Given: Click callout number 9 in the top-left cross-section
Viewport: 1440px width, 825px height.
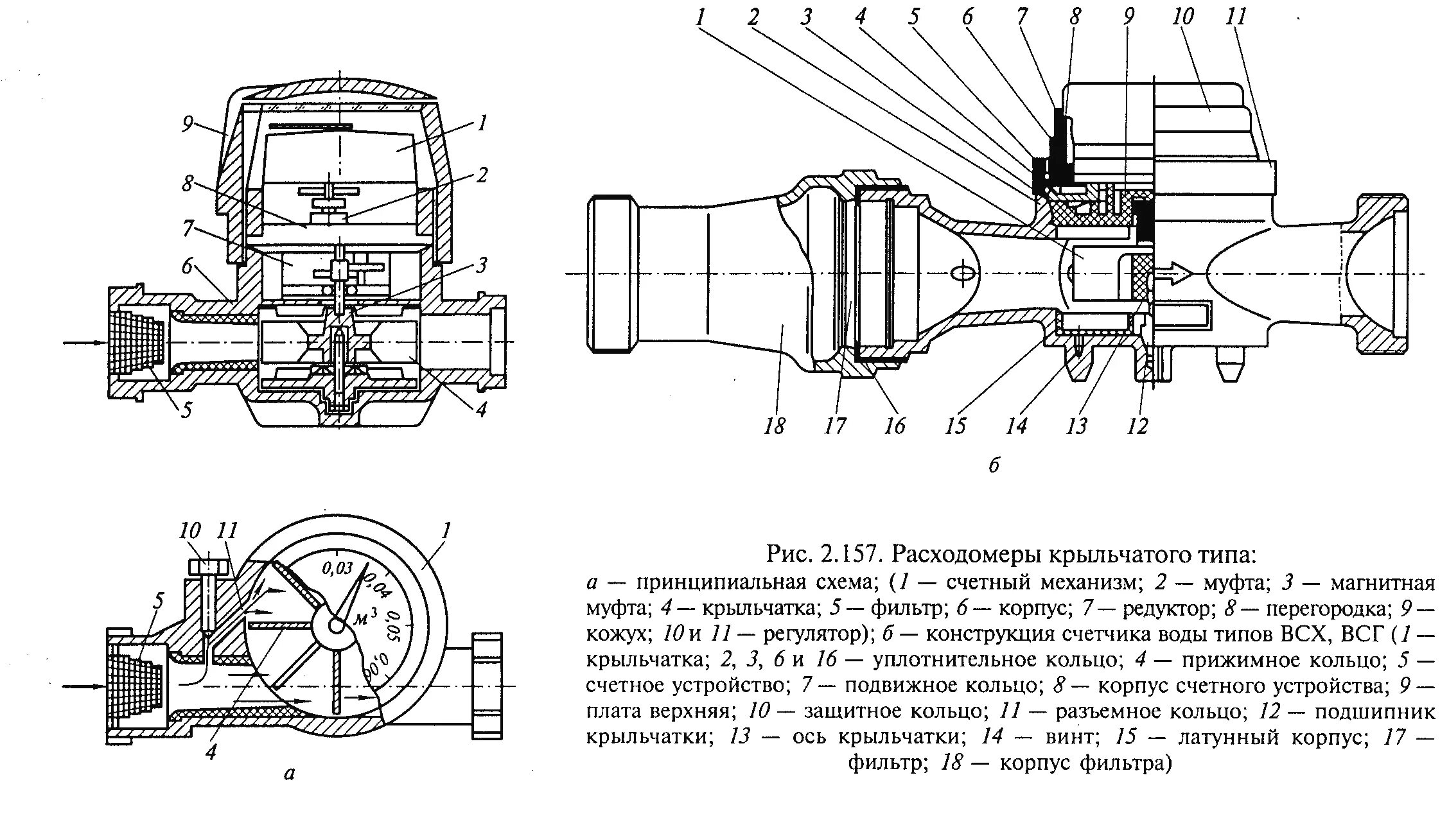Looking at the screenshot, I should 187,123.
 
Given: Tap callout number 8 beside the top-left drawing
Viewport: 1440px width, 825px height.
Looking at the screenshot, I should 188,184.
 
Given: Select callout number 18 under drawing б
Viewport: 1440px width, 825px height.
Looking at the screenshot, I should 774,426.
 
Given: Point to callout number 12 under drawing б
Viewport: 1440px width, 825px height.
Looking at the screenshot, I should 1137,426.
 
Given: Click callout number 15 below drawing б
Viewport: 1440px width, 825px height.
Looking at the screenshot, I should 955,426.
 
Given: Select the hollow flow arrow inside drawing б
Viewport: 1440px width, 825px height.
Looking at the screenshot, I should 1173,274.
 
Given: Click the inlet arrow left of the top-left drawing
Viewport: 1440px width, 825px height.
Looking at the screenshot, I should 84,343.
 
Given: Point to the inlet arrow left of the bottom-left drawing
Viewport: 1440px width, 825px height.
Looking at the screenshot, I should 84,686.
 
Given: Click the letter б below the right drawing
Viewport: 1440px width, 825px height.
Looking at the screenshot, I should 994,465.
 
